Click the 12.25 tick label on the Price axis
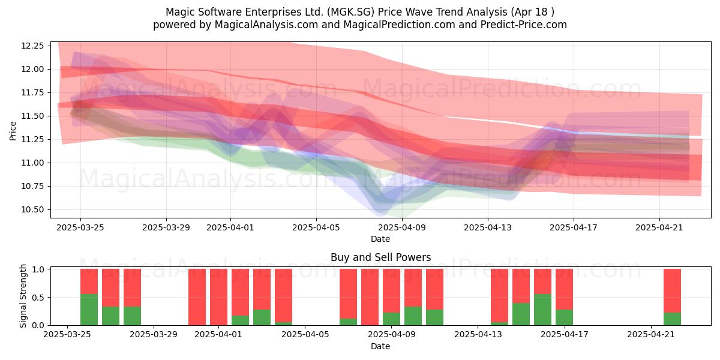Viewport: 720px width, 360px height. click(32, 46)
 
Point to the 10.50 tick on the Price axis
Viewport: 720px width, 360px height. click(32, 209)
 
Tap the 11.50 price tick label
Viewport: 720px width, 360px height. click(32, 116)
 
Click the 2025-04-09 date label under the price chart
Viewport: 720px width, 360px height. click(402, 227)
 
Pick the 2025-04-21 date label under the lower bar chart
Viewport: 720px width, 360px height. click(651, 334)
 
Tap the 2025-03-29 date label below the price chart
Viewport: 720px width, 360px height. click(166, 227)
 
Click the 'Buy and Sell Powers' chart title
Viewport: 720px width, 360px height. click(380, 257)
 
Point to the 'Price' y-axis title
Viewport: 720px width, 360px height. click(13, 131)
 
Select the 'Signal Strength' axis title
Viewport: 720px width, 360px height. click(23, 296)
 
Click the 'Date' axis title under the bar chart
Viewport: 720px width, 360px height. click(380, 346)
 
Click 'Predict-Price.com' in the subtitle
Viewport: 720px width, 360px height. click(524, 25)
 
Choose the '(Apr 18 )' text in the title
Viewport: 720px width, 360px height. click(532, 12)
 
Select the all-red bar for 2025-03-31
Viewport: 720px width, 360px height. click(197, 297)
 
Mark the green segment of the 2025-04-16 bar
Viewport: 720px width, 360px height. click(542, 310)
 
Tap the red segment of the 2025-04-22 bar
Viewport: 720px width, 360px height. click(672, 291)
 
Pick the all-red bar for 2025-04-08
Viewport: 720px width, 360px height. click(370, 297)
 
